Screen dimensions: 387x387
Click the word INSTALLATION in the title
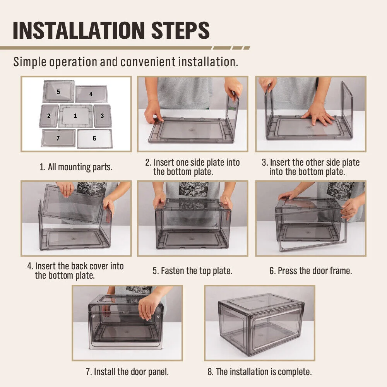[x=79, y=30]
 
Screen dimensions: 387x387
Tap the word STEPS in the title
[x=180, y=30]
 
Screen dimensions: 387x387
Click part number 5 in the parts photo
[x=59, y=91]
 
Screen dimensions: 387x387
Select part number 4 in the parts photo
[x=91, y=94]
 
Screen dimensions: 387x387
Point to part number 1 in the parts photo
[x=75, y=116]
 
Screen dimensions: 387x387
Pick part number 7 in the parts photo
[x=58, y=138]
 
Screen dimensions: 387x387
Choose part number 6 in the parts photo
[x=94, y=139]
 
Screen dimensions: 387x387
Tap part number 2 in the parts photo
[x=49, y=116]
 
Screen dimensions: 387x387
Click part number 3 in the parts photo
[x=103, y=116]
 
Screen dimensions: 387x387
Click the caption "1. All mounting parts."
[x=76, y=167]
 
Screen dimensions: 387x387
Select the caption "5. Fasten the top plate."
[x=192, y=271]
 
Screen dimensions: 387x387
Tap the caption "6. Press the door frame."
[x=310, y=271]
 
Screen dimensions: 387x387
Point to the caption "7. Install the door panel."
[x=127, y=372]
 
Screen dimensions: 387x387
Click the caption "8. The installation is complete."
[x=260, y=372]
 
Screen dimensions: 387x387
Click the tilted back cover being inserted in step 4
[x=73, y=203]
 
